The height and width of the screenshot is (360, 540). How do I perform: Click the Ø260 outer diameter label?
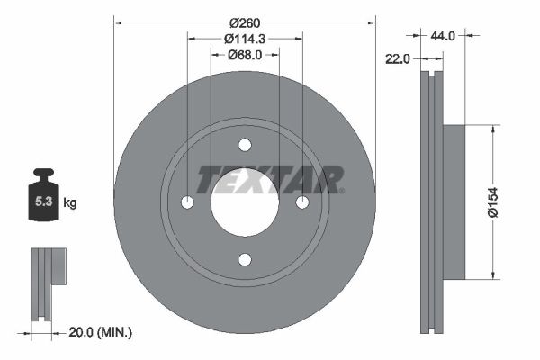coord(245,23)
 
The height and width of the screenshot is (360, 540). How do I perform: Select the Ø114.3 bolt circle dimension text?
coord(245,39)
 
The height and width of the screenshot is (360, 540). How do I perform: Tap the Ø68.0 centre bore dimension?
coord(245,55)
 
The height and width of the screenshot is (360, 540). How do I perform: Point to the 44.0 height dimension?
coord(443,35)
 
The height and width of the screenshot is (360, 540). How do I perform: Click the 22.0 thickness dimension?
coord(398,59)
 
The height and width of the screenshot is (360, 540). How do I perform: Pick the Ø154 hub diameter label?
coord(493,202)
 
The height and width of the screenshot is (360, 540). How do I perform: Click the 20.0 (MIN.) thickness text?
coord(100,332)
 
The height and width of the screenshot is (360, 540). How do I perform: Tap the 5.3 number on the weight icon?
coord(44,202)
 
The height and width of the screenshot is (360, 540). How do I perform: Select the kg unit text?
coord(70,202)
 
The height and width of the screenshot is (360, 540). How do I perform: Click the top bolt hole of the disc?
coord(245,145)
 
